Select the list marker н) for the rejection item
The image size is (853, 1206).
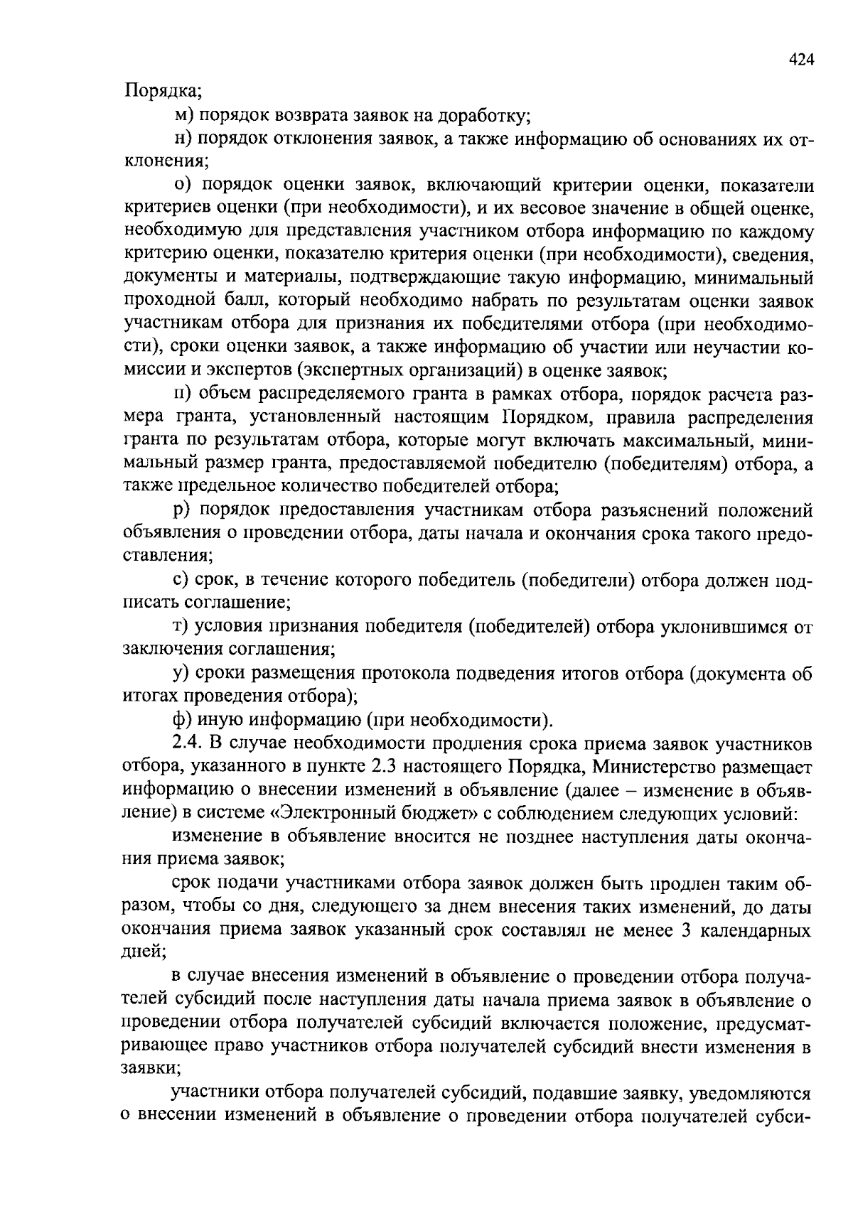183,138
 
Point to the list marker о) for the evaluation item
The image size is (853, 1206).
183,185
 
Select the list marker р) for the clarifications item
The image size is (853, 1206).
183,510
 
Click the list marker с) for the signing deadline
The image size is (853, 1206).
182,581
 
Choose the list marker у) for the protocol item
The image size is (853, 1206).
182,674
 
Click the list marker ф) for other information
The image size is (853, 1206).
183,721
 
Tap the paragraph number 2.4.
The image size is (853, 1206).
188,743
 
